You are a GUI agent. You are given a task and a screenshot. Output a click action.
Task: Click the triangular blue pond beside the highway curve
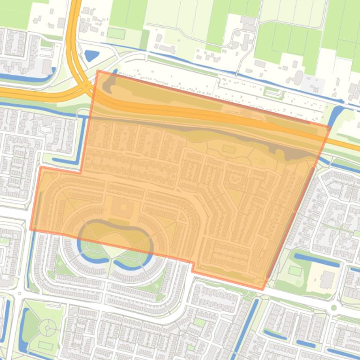click(x=91, y=56)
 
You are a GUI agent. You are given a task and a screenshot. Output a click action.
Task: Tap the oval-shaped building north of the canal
click(x=298, y=77)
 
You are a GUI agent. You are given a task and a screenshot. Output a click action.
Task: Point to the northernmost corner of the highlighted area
click(x=98, y=71)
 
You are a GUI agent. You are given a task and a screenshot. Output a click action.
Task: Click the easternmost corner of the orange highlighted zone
click(x=330, y=126)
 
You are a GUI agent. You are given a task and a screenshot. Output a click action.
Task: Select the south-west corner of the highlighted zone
click(x=31, y=229)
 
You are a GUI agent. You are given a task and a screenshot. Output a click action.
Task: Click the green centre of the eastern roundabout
click(x=334, y=308)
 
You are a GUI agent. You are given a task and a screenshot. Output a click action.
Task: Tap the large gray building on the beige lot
click(x=326, y=279)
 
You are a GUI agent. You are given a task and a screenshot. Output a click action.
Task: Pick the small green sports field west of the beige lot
click(x=294, y=271)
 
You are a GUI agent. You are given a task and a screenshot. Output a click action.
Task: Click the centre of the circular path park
click(x=48, y=328)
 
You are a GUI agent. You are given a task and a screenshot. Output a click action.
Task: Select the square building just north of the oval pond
click(x=122, y=207)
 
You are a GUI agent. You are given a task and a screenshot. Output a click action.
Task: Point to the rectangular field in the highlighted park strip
click(x=228, y=149)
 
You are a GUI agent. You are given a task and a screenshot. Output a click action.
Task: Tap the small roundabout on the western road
click(x=19, y=294)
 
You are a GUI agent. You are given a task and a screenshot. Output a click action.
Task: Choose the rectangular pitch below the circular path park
click(x=45, y=346)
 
